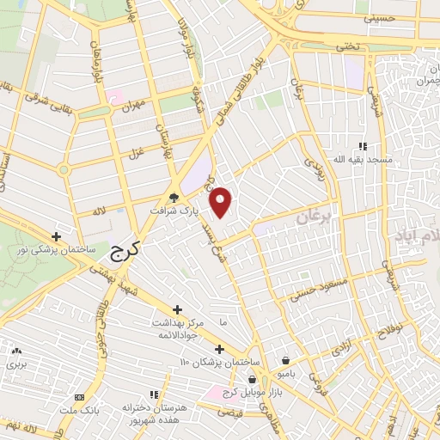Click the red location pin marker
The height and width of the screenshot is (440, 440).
[222, 202]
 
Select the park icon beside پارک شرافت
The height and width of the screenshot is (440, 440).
[174, 198]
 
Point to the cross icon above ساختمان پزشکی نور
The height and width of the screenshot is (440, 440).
[57, 236]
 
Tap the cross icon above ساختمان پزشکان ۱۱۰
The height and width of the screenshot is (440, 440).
[220, 349]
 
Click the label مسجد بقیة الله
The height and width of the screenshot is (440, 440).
[370, 161]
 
